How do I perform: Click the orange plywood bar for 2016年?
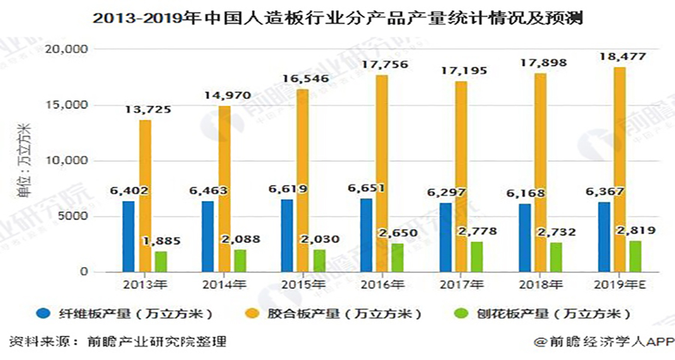382,173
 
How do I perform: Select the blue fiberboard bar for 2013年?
128,236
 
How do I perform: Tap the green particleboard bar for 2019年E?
635,256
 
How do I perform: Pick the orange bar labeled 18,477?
619,169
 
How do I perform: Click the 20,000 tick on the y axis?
67,49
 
